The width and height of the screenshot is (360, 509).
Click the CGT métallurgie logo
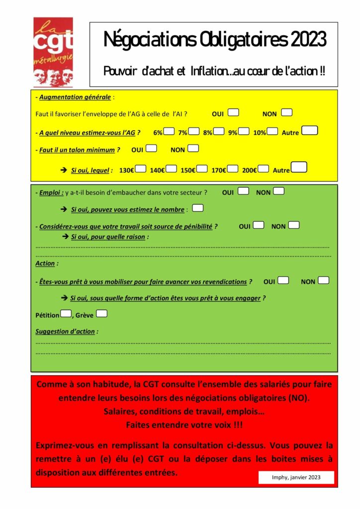click(53, 52)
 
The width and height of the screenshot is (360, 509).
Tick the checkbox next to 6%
click(169, 132)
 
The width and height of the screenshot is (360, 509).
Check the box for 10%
click(272, 132)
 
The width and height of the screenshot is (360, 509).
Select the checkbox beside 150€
click(202, 169)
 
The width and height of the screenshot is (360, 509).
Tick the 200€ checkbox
click(264, 169)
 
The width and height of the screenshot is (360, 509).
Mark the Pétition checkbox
click(66, 314)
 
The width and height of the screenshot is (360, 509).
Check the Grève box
click(101, 314)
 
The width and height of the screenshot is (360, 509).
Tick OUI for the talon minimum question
click(152, 148)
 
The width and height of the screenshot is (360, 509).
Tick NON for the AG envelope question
click(286, 113)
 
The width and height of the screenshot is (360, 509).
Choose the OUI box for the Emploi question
click(243, 191)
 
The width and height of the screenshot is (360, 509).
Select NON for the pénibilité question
click(294, 225)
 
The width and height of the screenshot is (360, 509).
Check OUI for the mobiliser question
click(283, 280)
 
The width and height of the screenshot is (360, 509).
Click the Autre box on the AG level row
click(310, 131)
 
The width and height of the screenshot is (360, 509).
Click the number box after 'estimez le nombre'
click(198, 208)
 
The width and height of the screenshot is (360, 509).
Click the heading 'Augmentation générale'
click(75, 97)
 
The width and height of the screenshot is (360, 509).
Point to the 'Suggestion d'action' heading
click(65, 332)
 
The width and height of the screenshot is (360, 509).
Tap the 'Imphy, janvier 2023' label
click(296, 477)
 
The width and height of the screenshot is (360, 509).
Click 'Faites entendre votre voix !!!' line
click(184, 425)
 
